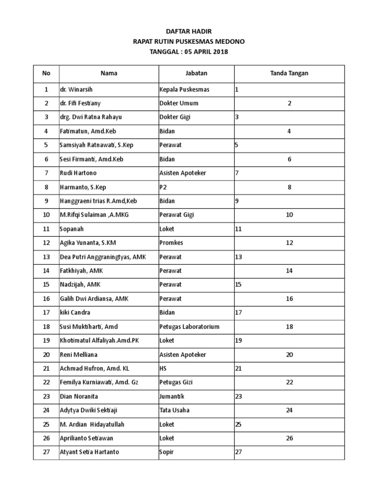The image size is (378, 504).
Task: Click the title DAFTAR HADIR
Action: coord(189,31)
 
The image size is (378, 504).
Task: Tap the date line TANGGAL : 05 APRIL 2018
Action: coord(189,51)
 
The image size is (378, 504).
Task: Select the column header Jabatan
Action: coord(196,73)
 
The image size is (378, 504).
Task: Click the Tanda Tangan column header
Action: coord(289,73)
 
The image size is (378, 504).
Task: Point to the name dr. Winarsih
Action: coord(75,90)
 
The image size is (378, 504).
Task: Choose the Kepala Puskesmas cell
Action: coord(181,90)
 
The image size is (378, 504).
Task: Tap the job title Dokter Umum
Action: coord(176,104)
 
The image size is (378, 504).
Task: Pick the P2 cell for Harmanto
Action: coord(163,188)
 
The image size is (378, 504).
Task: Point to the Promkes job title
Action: coord(171,243)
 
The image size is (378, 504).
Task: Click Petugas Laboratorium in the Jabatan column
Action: coord(189,327)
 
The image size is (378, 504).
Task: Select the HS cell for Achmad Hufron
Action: coord(163,369)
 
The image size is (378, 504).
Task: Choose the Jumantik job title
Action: coord(172,396)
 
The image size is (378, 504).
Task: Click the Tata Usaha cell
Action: coord(174,410)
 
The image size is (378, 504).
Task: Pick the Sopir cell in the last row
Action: coord(167,452)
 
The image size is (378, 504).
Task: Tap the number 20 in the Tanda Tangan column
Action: coord(289,354)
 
